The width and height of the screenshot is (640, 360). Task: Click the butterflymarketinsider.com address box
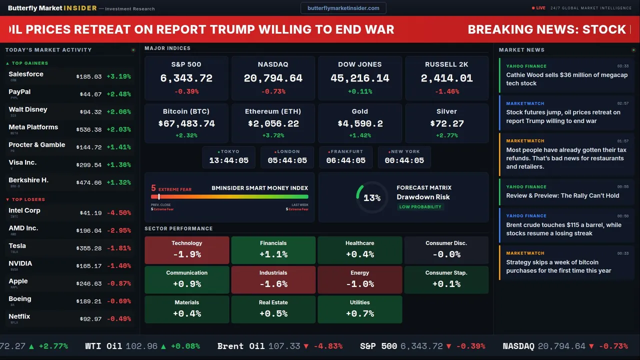(x=343, y=8)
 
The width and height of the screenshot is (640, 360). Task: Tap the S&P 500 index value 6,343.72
(x=186, y=78)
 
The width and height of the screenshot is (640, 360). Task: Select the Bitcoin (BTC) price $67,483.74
(x=186, y=123)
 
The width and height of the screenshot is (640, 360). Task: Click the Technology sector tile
(x=186, y=249)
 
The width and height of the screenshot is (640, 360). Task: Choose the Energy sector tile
(x=359, y=279)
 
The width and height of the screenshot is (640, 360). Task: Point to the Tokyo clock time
(x=229, y=160)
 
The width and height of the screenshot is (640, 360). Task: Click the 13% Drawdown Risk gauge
(x=371, y=197)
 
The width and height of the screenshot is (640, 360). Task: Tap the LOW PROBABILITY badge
(x=420, y=207)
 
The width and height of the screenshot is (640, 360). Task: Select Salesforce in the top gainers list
(x=26, y=74)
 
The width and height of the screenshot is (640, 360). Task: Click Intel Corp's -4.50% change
(x=119, y=213)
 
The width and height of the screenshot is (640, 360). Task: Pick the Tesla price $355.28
(x=90, y=248)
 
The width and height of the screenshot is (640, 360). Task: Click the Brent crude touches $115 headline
(x=563, y=229)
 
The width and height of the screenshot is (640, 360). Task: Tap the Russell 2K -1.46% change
(x=446, y=91)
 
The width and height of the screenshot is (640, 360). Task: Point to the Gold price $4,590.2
(x=360, y=123)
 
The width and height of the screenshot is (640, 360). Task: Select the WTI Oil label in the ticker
(x=103, y=346)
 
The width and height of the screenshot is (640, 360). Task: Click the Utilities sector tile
(x=359, y=309)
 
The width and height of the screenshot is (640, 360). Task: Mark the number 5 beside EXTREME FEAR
(x=153, y=188)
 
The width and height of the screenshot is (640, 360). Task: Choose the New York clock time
(x=404, y=160)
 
